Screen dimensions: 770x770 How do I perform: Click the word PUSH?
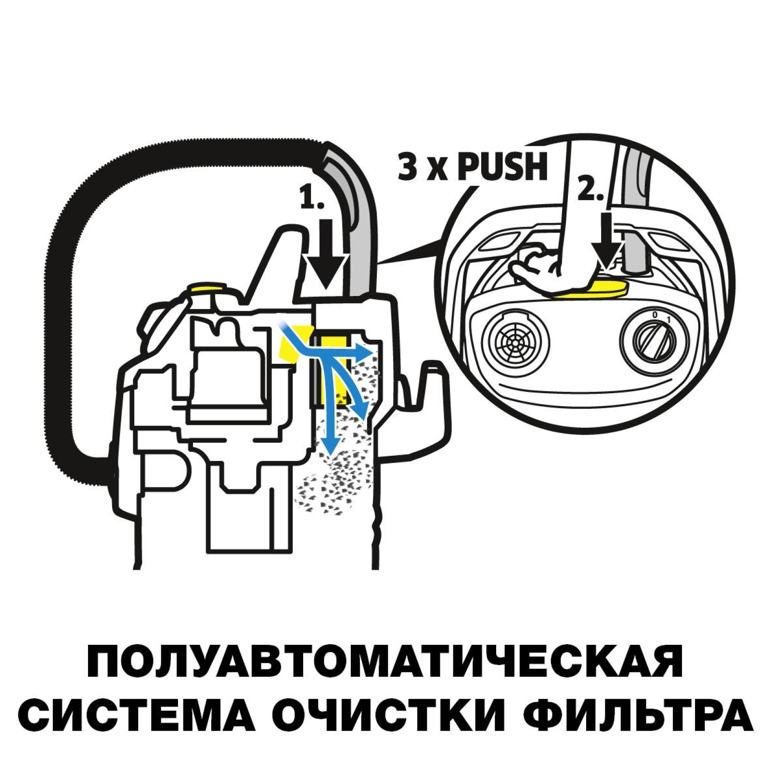pos(502,167)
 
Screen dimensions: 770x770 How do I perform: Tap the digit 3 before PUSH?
pos(408,167)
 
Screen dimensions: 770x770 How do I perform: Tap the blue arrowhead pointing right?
pos(366,353)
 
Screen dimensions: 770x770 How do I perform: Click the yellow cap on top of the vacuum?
pos(207,288)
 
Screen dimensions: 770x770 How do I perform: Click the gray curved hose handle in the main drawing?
pos(359,226)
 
